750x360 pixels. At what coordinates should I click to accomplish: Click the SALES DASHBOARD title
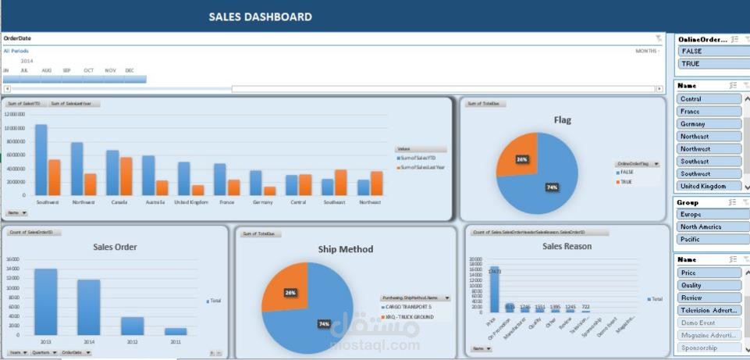point(260,17)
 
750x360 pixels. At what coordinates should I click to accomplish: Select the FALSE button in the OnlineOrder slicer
point(709,52)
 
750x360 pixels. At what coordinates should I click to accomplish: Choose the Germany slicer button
point(709,124)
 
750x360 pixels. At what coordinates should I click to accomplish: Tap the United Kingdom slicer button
point(709,187)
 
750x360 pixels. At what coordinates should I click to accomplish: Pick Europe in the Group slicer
point(709,215)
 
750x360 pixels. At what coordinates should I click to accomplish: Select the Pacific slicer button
point(709,240)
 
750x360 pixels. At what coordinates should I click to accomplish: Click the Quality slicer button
point(709,286)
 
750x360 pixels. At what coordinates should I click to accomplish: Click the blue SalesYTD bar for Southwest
point(41,159)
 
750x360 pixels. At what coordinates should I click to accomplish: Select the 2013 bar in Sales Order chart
point(45,301)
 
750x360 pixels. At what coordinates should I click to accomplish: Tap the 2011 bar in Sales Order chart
point(176,331)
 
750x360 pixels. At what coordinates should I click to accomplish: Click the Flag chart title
point(562,120)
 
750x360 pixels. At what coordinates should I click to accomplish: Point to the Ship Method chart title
point(345,249)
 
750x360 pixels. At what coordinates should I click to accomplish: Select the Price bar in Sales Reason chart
point(494,289)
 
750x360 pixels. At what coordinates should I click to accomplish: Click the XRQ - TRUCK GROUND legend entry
point(409,317)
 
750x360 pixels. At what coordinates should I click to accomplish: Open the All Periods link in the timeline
point(16,51)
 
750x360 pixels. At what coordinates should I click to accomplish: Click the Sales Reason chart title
point(567,246)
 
